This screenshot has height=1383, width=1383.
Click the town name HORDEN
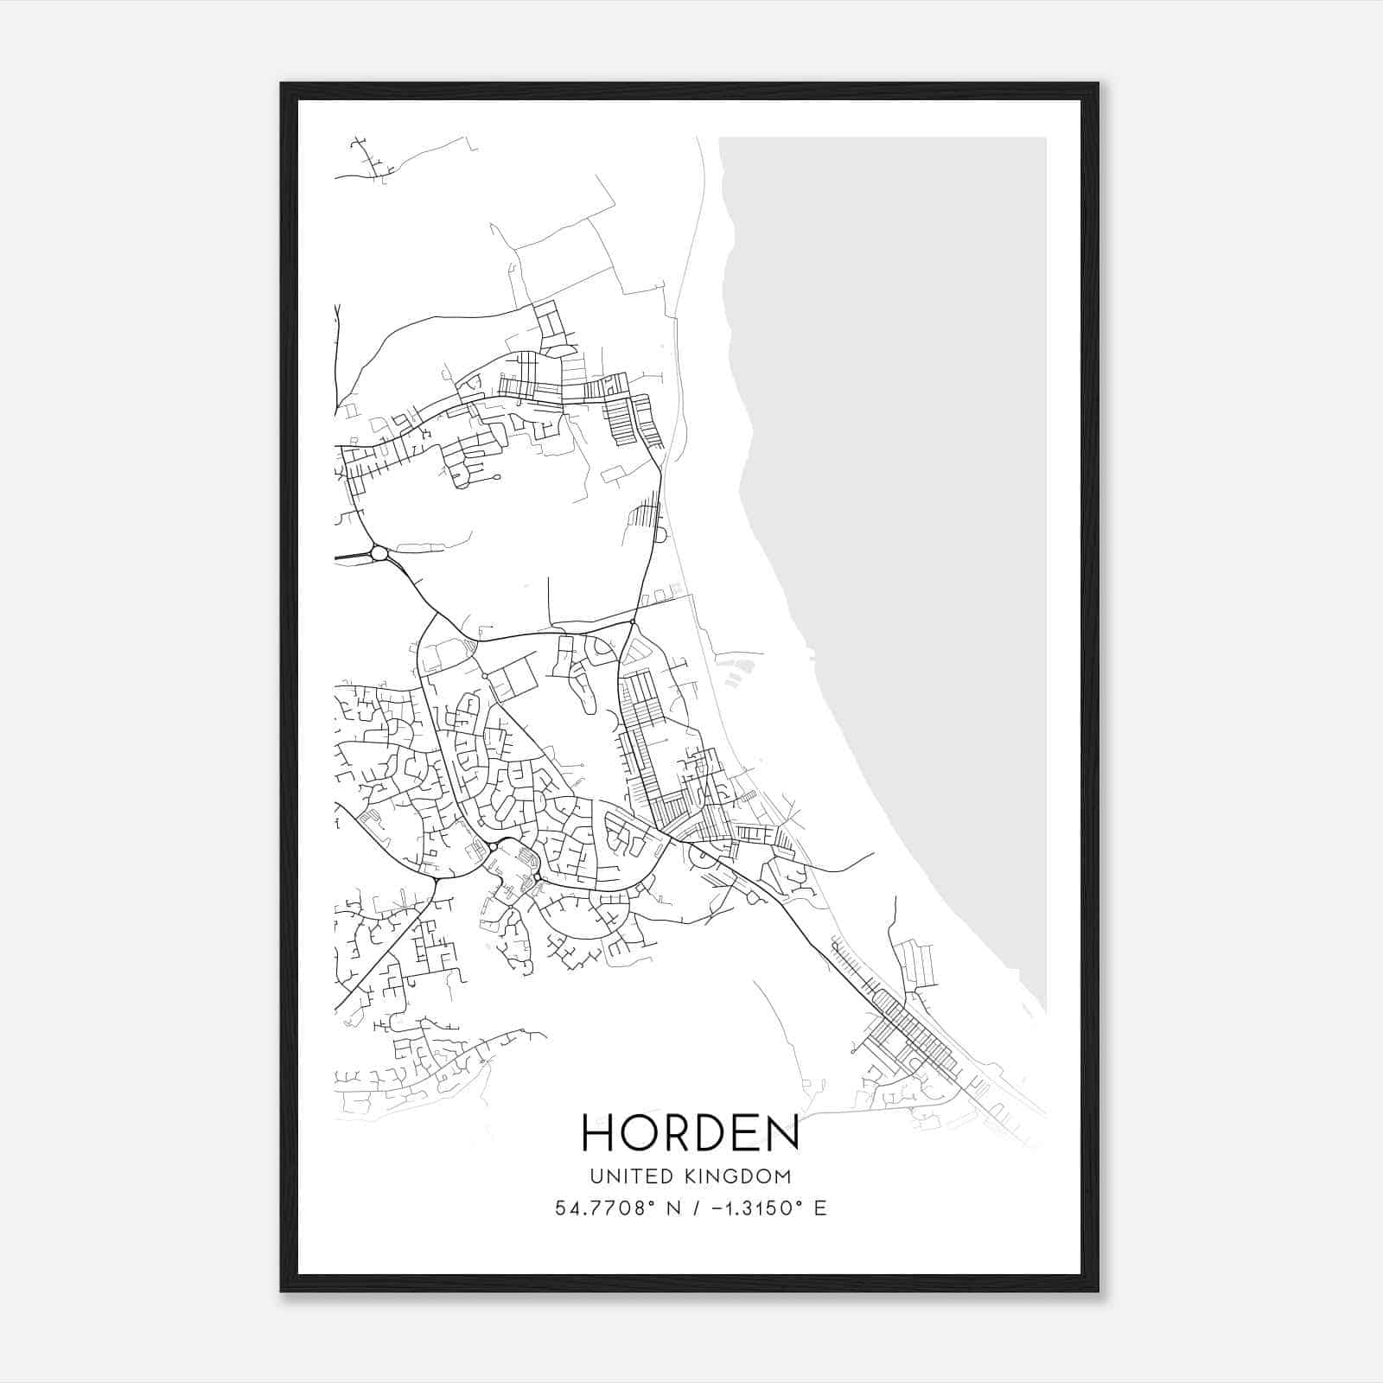(x=691, y=1132)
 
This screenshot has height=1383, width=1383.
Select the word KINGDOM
(x=737, y=1176)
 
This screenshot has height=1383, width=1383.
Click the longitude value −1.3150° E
(x=762, y=1208)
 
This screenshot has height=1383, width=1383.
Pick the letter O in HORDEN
(x=640, y=1132)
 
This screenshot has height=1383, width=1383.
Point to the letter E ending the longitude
(x=820, y=1208)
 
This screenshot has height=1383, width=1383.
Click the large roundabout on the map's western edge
(x=379, y=552)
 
